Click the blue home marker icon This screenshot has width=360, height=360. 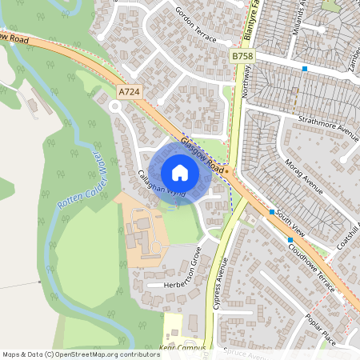180,172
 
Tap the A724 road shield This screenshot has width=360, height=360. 128,93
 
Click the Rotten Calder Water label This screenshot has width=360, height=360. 81,179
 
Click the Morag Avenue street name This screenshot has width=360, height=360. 303,178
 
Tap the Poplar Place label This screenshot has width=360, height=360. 320,328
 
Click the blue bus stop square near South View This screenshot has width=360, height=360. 272,211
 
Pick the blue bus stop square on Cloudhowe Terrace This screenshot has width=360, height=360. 290,239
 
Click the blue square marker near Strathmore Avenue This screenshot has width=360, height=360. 305,70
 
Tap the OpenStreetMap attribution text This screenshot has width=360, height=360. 80,354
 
